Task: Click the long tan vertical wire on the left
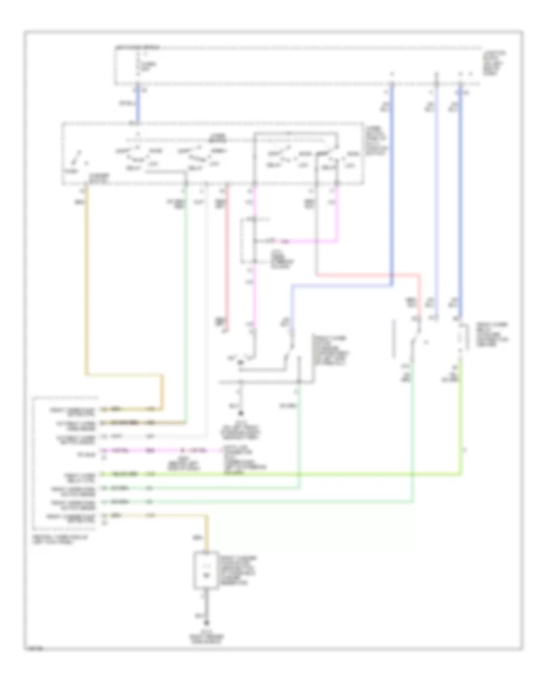click(87, 279)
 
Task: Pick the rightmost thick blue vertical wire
click(459, 198)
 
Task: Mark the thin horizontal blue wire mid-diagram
click(340, 286)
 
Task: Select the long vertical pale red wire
click(226, 260)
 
